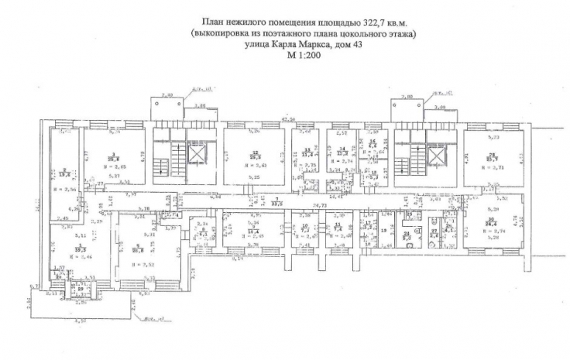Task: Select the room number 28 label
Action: [x=491, y=153]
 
